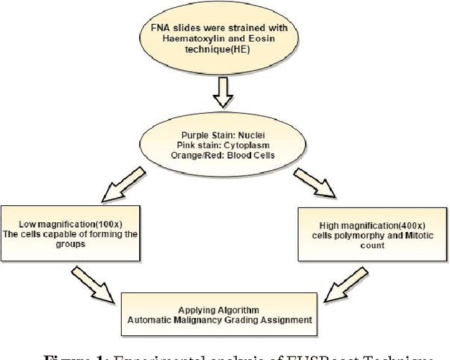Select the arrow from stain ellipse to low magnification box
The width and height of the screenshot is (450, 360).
coord(120,186)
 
